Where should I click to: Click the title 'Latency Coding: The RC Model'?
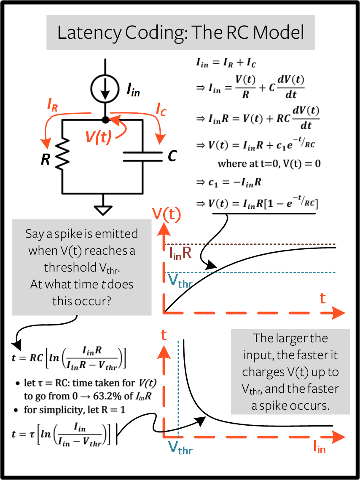tap(180, 33)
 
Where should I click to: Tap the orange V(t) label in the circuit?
tap(98, 137)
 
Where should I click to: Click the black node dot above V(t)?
tap(105, 120)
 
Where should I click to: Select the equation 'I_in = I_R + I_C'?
tap(226, 63)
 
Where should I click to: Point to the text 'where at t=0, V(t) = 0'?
tap(269, 163)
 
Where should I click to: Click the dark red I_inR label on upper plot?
tap(180, 253)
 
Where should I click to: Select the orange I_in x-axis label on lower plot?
tap(319, 448)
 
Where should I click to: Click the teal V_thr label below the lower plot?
tap(180, 448)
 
